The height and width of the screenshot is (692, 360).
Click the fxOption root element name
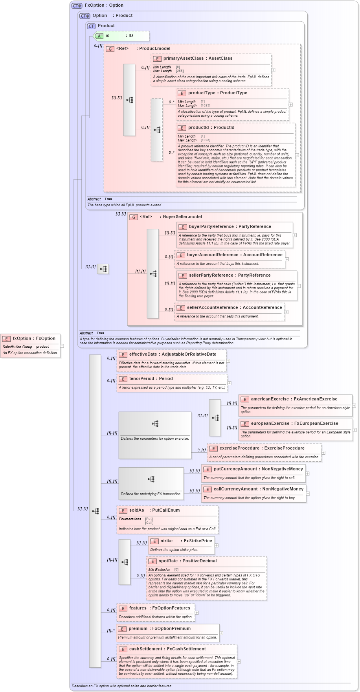(22, 338)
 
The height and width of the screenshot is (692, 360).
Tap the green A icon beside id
(99, 36)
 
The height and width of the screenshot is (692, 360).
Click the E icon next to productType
(182, 93)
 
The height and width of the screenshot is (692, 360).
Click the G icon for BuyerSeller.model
(134, 217)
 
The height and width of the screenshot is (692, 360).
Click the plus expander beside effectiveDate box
(228, 361)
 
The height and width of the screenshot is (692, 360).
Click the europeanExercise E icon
(244, 424)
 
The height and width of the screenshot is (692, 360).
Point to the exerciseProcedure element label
(239, 448)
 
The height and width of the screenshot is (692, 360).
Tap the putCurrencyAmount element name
(234, 469)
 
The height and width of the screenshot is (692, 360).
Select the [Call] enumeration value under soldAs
(149, 523)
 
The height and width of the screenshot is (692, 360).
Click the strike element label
(167, 541)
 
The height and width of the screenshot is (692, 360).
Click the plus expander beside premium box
(221, 633)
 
